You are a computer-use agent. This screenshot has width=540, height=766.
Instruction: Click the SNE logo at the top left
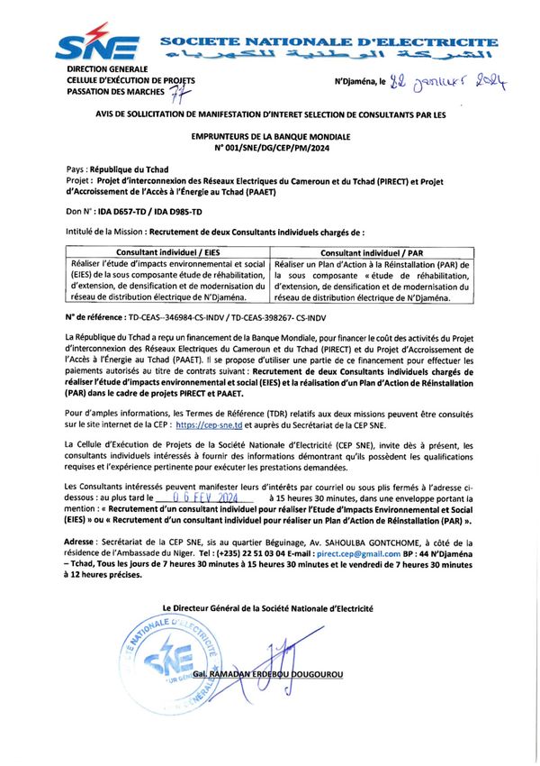[x=97, y=45]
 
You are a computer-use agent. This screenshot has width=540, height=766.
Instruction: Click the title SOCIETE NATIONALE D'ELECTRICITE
[x=329, y=41]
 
